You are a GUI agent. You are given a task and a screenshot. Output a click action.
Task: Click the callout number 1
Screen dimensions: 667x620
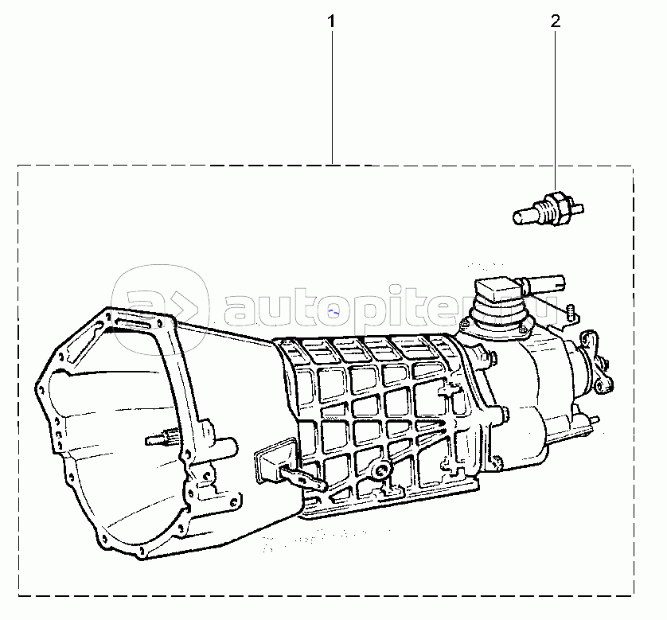(331, 21)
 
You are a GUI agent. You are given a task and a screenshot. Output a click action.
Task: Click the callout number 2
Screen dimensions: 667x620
(556, 21)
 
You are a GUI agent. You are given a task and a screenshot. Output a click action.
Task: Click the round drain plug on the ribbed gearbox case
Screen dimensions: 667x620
(381, 470)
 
